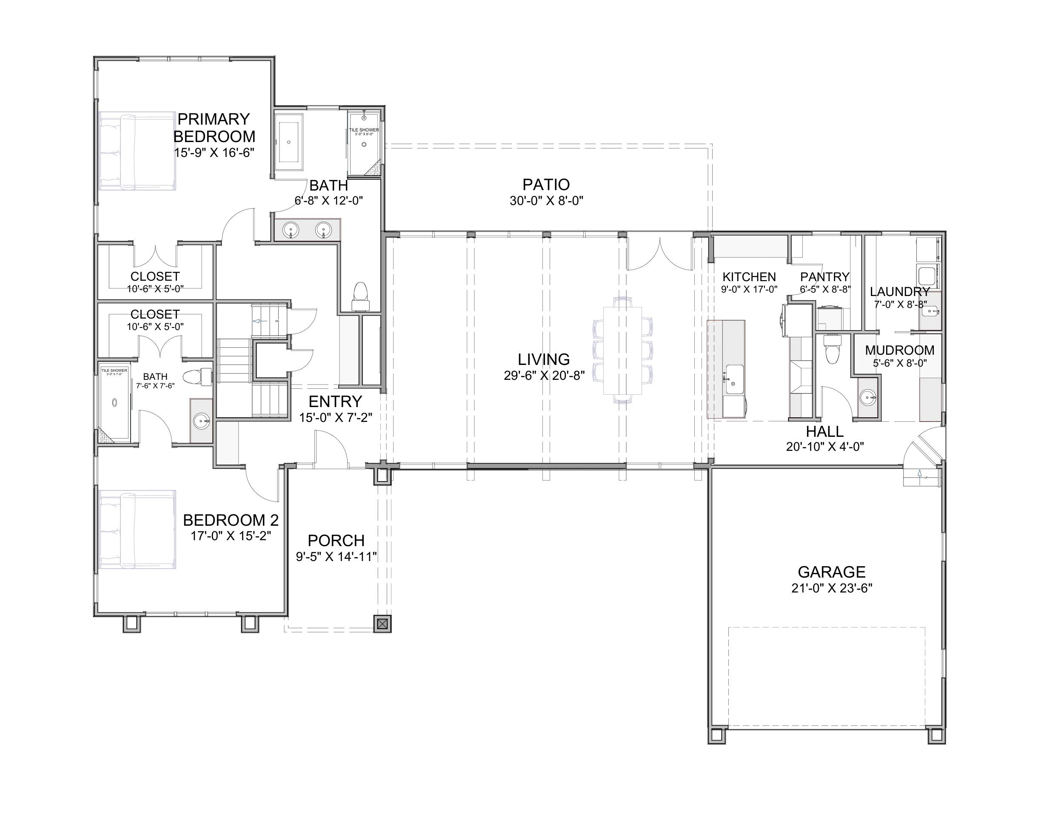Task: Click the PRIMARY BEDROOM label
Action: point(214,127)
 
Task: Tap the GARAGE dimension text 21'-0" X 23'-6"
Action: point(831,588)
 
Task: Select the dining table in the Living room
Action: point(622,350)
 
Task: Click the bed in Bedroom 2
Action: point(137,529)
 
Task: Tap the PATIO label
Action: point(546,184)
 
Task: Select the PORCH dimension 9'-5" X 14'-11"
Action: point(336,557)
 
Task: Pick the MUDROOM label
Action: point(899,350)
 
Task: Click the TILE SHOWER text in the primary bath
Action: point(364,130)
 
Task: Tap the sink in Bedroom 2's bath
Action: point(201,421)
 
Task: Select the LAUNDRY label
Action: point(899,292)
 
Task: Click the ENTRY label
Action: point(335,402)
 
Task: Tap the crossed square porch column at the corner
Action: point(382,624)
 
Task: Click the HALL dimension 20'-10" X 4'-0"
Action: point(824,446)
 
